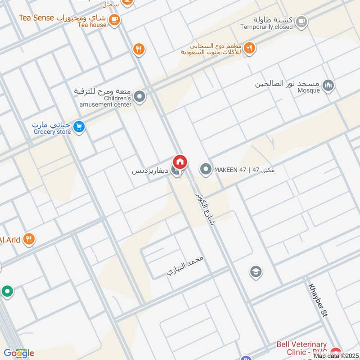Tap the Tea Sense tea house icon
114,19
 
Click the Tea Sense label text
36,18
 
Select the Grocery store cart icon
79,127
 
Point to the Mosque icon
329,85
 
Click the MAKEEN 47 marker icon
206,170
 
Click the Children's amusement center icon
140,96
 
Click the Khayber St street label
318,301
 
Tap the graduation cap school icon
256,271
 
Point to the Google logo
19,353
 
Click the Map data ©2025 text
335,355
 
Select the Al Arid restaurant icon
29,239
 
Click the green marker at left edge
7,292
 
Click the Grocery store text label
52,132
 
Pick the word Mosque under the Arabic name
309,90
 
